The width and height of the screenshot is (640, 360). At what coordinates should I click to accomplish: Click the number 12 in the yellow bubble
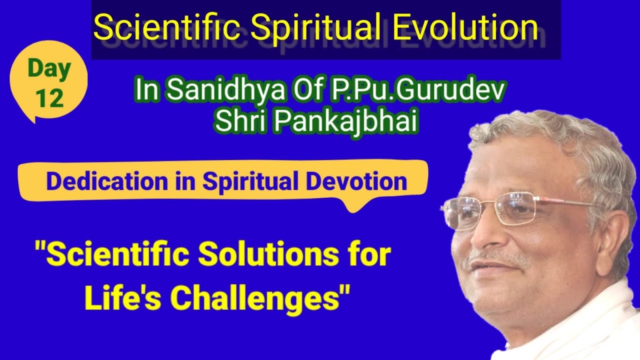pyautogui.click(x=49, y=98)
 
